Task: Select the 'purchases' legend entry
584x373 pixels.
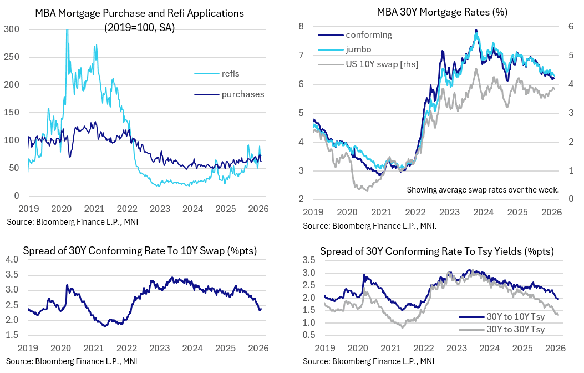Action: tap(242, 94)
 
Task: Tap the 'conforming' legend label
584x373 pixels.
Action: tap(368, 35)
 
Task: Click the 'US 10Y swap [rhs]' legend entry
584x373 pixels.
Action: tap(382, 64)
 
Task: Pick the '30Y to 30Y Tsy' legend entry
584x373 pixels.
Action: tap(515, 330)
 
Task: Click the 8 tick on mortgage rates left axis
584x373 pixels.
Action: tap(301, 27)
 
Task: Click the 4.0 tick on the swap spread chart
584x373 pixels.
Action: tap(13, 260)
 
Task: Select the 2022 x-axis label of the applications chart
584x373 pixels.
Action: tap(127, 210)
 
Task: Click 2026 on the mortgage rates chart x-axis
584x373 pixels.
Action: tap(552, 213)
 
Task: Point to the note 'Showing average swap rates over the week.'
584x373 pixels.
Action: tap(483, 190)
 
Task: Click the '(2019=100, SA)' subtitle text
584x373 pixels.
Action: tap(139, 28)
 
